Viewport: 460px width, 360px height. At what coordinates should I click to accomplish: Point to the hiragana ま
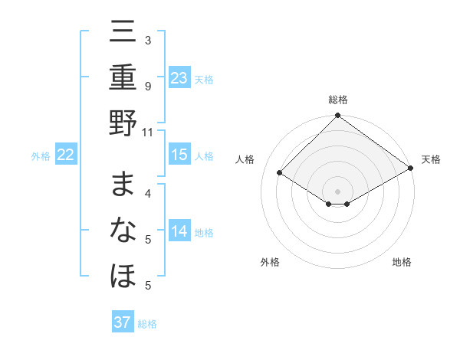(x=123, y=185)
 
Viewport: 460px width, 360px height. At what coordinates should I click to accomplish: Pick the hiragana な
(x=123, y=230)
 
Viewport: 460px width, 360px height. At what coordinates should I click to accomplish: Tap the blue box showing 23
(x=179, y=77)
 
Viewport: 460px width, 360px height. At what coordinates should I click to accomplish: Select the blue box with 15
(x=179, y=155)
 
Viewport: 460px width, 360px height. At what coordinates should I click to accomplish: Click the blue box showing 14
(x=179, y=231)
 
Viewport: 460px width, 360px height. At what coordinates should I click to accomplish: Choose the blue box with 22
(x=66, y=155)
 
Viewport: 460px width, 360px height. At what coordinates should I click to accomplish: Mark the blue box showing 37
(x=123, y=322)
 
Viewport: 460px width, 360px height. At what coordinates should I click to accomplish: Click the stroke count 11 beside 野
(x=148, y=131)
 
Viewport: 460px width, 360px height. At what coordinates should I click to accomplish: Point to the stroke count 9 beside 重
(x=148, y=86)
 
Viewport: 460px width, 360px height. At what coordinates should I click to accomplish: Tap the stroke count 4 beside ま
(x=148, y=193)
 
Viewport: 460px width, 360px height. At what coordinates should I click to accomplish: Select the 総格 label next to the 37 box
(x=147, y=323)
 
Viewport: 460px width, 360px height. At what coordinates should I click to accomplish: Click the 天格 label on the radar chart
(x=431, y=160)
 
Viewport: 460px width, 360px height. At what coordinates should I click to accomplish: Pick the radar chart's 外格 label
(x=270, y=262)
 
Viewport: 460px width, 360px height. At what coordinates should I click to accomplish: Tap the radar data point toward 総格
(x=338, y=116)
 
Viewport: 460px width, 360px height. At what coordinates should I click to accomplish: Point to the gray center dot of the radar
(x=338, y=190)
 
